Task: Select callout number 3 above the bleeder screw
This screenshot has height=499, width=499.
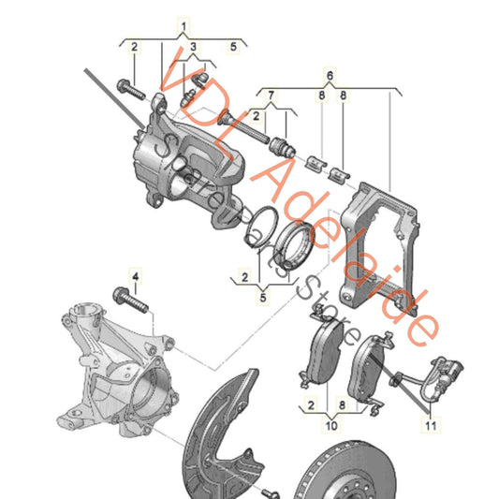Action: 194,46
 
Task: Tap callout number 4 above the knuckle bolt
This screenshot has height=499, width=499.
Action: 134,275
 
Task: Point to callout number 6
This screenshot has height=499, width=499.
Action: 329,73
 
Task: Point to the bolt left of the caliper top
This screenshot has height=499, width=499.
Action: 130,91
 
